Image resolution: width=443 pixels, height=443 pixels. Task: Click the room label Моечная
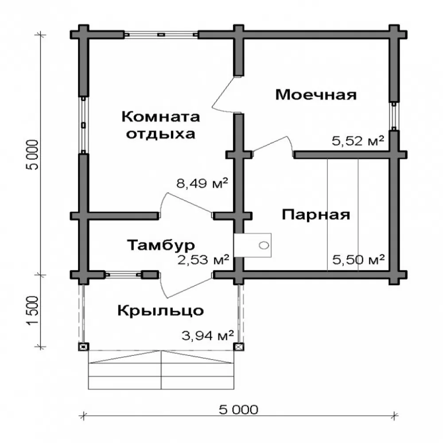point(316,95)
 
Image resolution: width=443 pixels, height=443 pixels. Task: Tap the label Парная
point(316,215)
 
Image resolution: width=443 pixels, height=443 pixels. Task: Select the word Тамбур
point(161,245)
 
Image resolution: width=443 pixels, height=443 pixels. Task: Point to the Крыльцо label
point(160,311)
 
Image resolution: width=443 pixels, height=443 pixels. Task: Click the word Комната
point(161,117)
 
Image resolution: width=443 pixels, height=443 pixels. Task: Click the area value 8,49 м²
point(202,183)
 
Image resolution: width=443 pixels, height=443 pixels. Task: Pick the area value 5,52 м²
point(358,141)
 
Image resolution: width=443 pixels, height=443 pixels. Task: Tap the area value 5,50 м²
point(358,260)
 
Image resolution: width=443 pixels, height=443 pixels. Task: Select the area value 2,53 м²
point(203,260)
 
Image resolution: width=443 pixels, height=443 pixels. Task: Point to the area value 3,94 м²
point(208,336)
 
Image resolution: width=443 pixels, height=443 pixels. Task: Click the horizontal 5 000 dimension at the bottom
point(238,410)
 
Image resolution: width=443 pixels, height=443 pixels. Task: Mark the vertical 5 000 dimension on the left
point(32,155)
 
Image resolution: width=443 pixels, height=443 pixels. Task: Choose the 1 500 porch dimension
point(32,311)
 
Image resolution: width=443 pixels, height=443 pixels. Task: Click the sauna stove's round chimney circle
point(264,245)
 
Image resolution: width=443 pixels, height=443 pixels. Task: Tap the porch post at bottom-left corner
point(83,347)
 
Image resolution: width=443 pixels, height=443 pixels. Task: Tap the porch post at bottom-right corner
point(239,347)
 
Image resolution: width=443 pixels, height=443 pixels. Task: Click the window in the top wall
point(161,35)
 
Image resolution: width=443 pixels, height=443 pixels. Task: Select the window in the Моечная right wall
point(394,116)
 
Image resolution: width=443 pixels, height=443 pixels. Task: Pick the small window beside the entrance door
point(123,275)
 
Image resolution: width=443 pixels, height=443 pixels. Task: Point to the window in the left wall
point(83,125)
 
